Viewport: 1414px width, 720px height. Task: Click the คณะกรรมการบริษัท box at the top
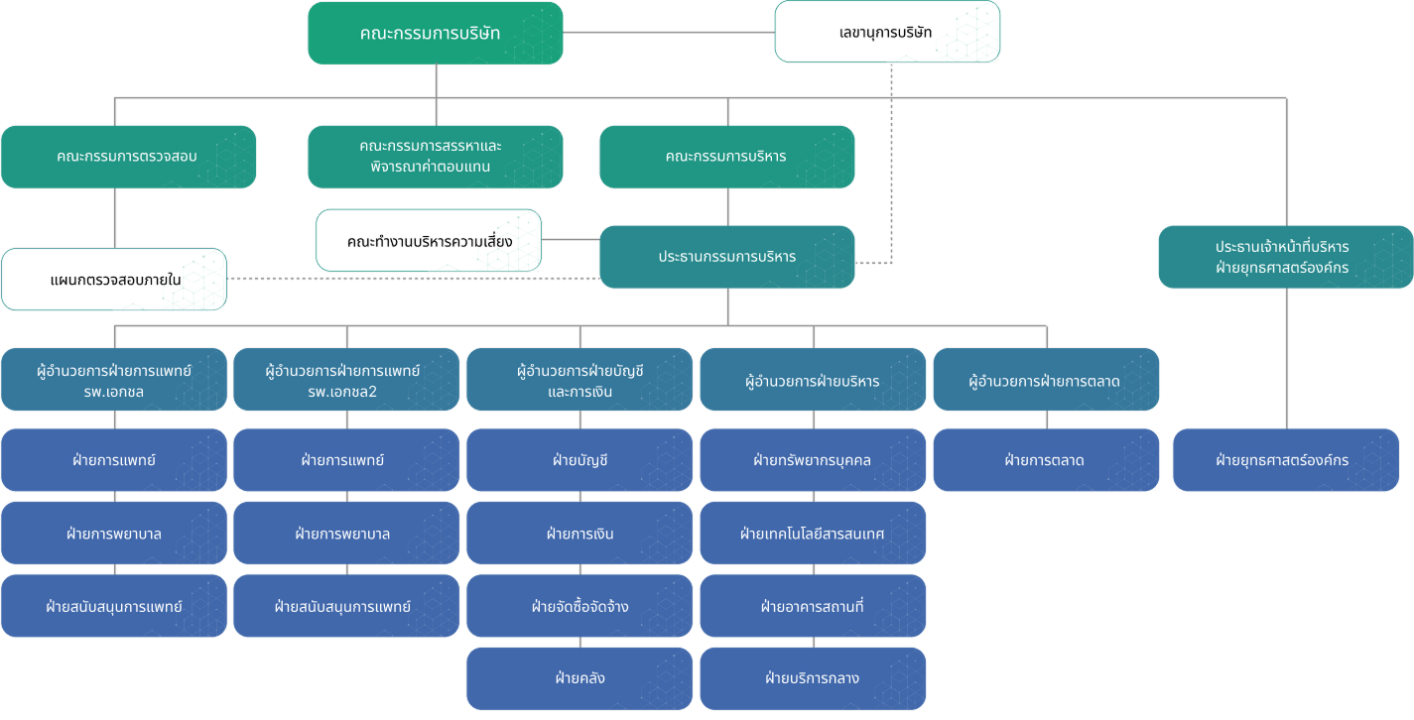pos(435,34)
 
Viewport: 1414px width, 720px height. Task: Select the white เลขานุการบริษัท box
pos(886,32)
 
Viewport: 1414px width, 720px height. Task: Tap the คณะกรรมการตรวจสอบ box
pos(128,157)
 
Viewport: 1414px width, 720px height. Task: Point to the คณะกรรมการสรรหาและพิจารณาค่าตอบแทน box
pos(435,157)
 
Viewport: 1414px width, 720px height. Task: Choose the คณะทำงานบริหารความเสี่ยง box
pos(429,241)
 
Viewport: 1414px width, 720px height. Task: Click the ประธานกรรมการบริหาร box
pos(726,257)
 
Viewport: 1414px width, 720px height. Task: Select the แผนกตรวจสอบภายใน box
pos(114,280)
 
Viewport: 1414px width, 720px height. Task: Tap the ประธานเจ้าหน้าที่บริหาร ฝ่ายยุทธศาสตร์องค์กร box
pos(1285,257)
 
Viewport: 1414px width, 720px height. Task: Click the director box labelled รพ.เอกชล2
pos(345,379)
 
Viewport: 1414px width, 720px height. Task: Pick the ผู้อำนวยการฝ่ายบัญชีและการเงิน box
pos(579,379)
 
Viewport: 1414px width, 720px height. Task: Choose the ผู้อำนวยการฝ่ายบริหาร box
pos(813,379)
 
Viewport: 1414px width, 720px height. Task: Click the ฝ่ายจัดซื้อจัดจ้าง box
pos(579,606)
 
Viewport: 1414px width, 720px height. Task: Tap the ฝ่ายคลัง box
pos(579,678)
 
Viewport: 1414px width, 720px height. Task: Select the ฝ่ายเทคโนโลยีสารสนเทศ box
pos(813,534)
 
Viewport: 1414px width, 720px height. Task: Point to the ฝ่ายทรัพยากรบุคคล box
pos(813,460)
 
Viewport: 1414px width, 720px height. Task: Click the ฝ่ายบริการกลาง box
pos(813,678)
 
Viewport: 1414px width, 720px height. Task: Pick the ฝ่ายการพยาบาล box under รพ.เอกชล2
pos(345,534)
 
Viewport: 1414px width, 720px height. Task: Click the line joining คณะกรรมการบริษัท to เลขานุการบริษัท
pos(669,33)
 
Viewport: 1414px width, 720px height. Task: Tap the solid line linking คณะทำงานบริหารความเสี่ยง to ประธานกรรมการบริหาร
pos(571,239)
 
